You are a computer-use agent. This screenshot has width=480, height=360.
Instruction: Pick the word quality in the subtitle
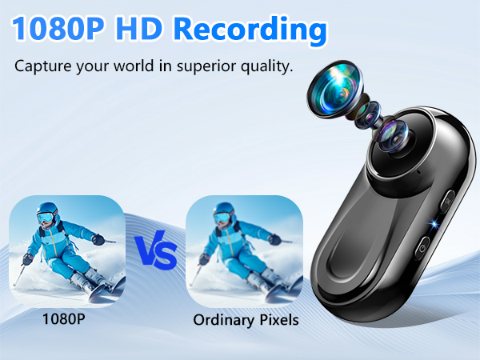(x=263, y=66)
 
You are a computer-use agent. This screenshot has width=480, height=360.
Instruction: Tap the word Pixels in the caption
(x=277, y=319)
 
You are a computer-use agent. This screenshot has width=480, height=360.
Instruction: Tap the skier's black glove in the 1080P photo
(x=98, y=238)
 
